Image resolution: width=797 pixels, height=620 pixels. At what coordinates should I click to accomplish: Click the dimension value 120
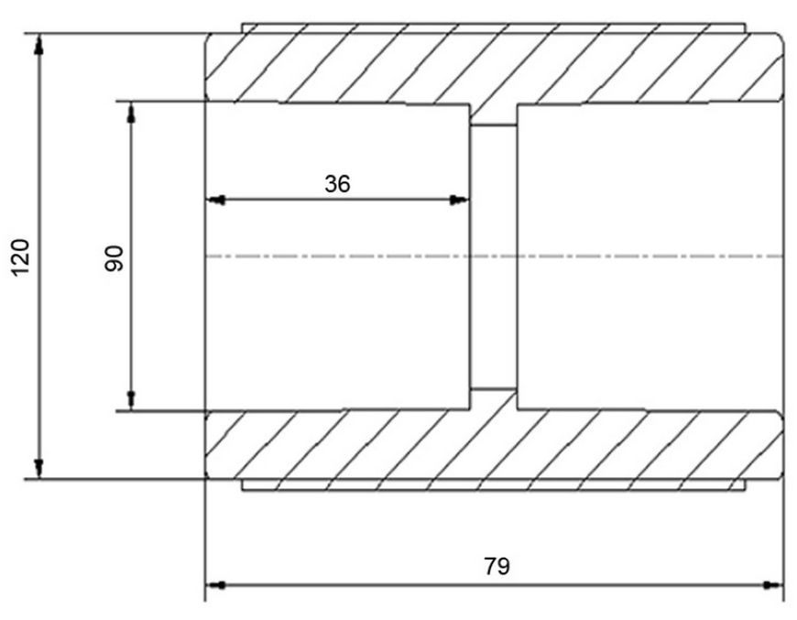tap(21, 256)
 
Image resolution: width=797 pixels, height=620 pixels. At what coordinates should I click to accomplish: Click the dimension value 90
tap(115, 258)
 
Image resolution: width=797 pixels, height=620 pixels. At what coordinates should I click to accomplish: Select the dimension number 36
tap(337, 183)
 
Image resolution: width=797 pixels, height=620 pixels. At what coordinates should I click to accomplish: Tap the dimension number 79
tap(497, 566)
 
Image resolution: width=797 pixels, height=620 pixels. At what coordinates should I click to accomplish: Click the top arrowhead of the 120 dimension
tap(38, 45)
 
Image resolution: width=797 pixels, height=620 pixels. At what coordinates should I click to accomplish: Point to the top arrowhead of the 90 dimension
tap(131, 113)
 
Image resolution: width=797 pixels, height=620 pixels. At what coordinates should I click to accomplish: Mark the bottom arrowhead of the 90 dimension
tap(131, 400)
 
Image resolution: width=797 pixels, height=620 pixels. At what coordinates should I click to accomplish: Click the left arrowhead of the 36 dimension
tap(215, 200)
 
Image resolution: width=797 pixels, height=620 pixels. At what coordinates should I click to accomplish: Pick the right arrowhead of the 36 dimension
tap(458, 200)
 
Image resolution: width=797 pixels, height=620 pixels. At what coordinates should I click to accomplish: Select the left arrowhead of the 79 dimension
tap(215, 585)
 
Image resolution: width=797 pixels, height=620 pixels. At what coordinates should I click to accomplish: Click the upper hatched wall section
tap(494, 68)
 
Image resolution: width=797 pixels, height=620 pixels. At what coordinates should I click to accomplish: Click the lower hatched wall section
tap(494, 444)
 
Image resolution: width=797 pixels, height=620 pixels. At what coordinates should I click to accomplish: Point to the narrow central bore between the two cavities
tap(494, 256)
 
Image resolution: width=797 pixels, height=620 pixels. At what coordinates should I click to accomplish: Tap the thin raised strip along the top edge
tap(494, 28)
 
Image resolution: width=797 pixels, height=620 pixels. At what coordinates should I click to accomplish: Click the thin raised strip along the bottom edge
tap(494, 484)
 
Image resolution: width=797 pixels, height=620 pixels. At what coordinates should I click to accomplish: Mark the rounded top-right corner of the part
tap(780, 37)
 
